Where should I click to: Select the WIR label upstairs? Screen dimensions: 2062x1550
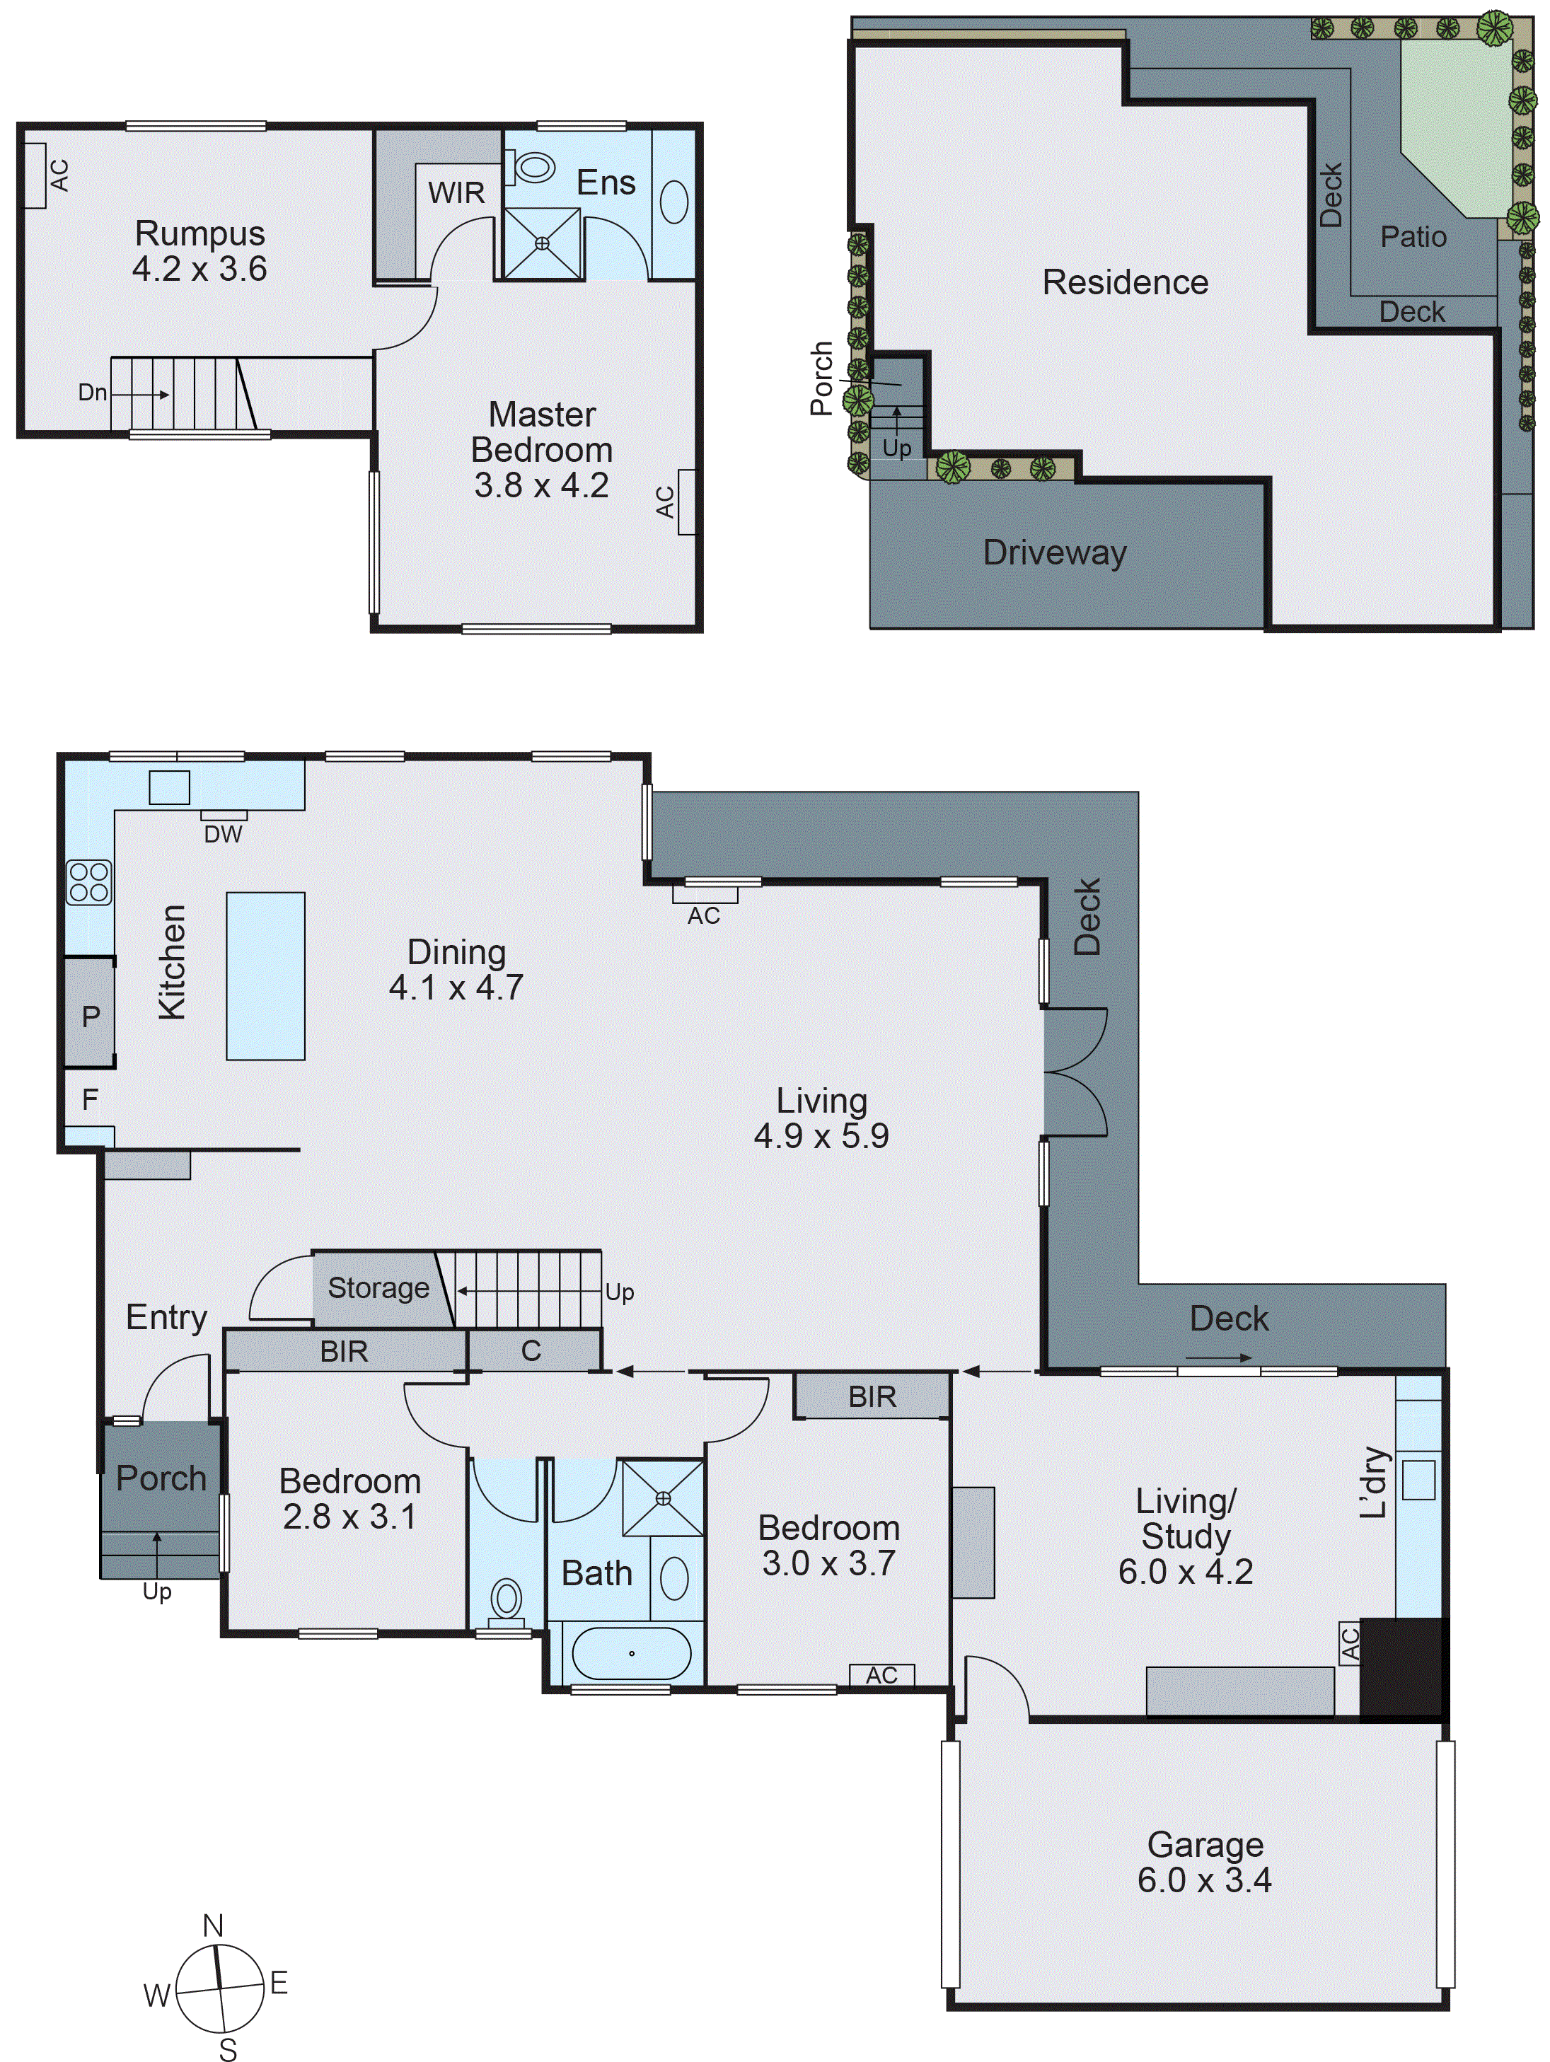pyautogui.click(x=456, y=193)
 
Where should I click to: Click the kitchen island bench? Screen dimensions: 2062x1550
pyautogui.click(x=265, y=976)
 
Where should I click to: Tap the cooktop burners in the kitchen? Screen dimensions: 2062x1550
pyautogui.click(x=88, y=882)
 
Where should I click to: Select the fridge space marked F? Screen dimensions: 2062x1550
pyautogui.click(x=89, y=1099)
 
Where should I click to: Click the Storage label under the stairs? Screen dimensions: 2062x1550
pyautogui.click(x=378, y=1288)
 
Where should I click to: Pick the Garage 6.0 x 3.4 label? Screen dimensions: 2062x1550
pyautogui.click(x=1204, y=1862)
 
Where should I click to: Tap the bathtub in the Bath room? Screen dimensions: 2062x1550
pyautogui.click(x=631, y=1654)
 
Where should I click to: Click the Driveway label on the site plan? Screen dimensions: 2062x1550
pyautogui.click(x=1054, y=552)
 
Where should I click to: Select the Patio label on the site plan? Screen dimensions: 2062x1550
pyautogui.click(x=1413, y=237)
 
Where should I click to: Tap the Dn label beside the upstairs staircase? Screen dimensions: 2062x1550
pyautogui.click(x=91, y=393)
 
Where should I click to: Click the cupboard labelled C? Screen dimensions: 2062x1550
pyautogui.click(x=531, y=1351)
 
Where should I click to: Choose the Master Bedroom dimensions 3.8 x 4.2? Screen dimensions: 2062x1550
pyautogui.click(x=541, y=486)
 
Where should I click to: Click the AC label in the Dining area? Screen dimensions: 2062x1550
pyautogui.click(x=704, y=916)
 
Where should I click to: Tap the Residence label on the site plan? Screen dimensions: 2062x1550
pyautogui.click(x=1125, y=282)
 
